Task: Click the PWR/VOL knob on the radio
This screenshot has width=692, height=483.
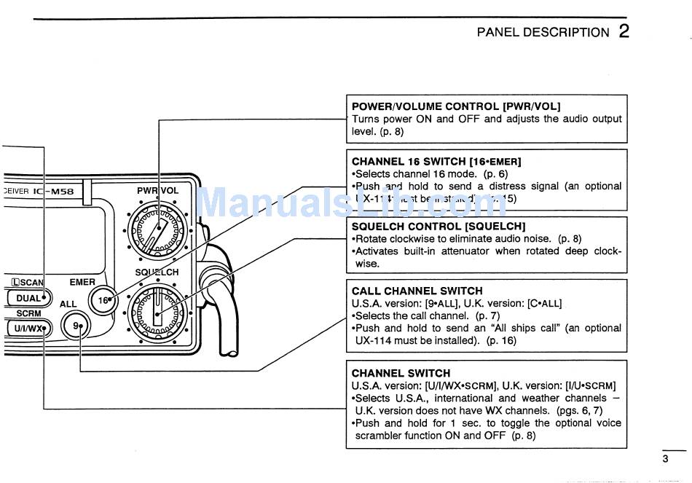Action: tap(156, 231)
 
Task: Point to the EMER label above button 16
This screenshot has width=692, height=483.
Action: tap(82, 282)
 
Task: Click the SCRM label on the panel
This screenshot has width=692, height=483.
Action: tap(28, 313)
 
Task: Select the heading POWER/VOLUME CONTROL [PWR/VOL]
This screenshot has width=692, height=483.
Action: tap(456, 106)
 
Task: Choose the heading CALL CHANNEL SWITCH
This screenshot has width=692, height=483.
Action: tap(417, 291)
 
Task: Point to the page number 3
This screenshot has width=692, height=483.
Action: tap(664, 459)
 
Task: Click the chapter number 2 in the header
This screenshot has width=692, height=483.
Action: tap(624, 31)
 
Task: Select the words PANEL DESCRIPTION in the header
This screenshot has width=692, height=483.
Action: tap(543, 32)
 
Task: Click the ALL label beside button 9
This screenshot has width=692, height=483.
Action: tap(68, 304)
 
